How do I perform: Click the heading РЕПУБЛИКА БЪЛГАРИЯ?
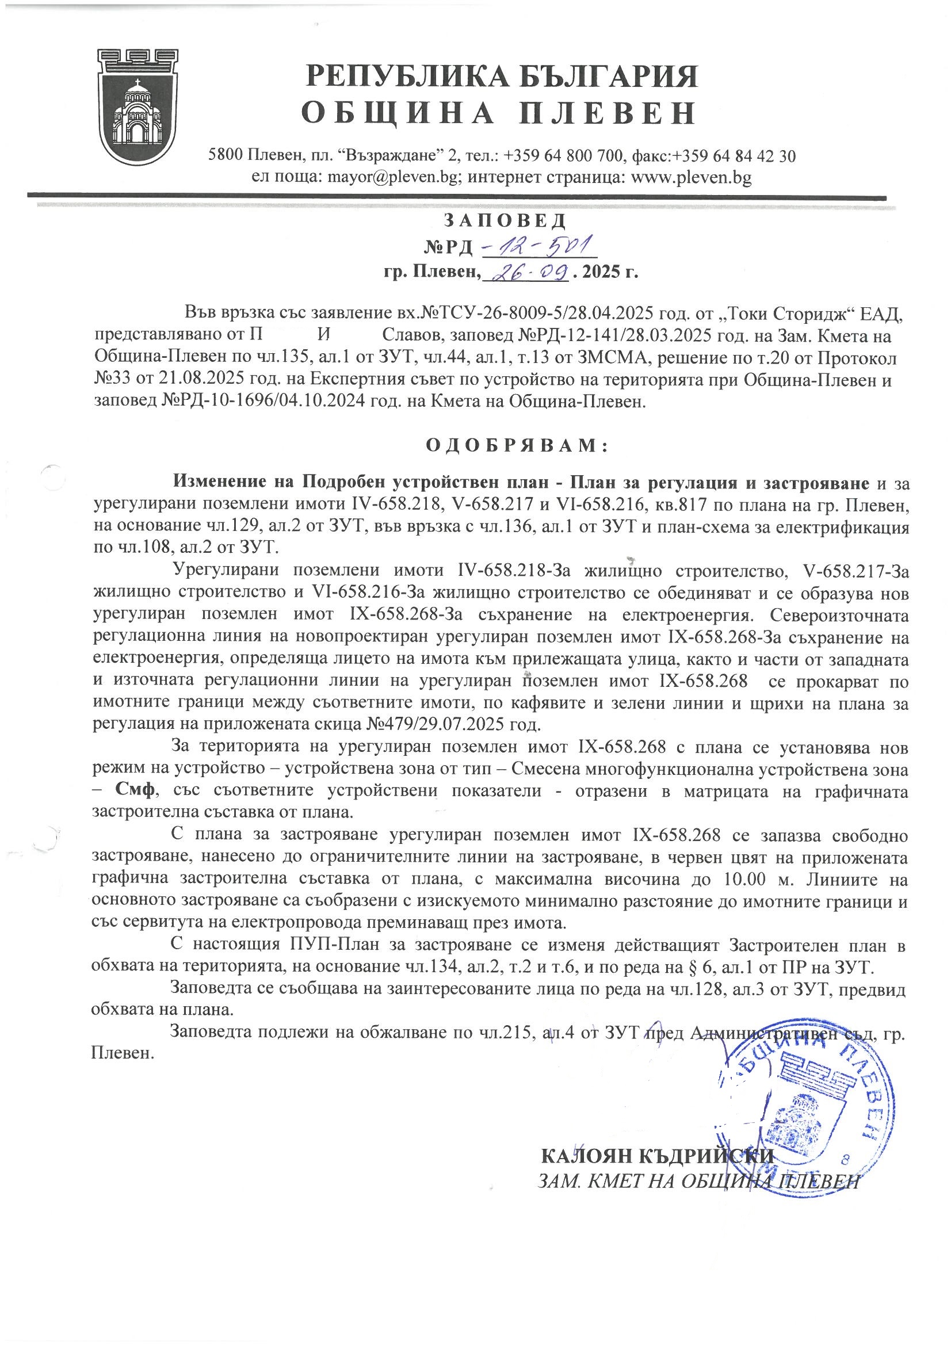coord(502,77)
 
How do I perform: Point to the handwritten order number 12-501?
coord(538,246)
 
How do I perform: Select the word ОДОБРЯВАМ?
coord(515,446)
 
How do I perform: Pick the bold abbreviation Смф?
coord(135,789)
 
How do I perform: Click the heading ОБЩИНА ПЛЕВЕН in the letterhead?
coord(499,113)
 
